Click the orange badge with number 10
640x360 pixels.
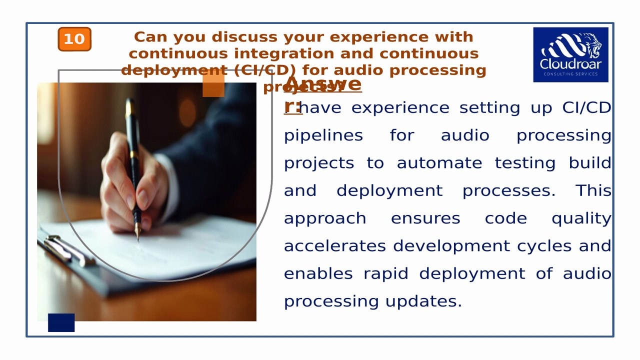(x=74, y=39)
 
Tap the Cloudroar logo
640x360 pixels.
(x=570, y=54)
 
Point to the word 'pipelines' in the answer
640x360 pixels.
(x=323, y=136)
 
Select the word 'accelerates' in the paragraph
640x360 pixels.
(x=334, y=246)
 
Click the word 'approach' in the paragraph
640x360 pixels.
(x=325, y=219)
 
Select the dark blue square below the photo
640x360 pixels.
(x=61, y=322)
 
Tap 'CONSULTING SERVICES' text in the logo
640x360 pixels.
(x=570, y=74)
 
